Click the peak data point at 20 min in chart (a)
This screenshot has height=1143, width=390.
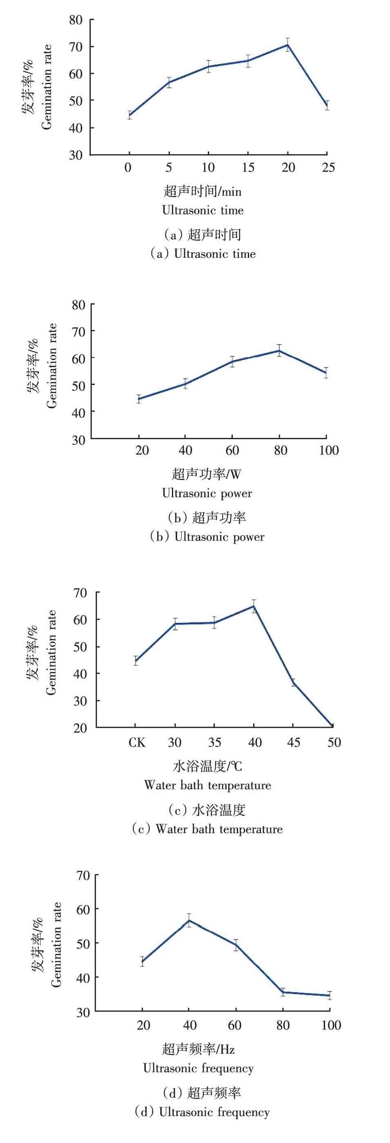click(x=287, y=45)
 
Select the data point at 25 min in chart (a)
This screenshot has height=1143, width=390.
click(x=327, y=106)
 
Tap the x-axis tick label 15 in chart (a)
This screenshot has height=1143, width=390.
click(x=248, y=168)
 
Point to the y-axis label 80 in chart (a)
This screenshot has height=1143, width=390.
click(x=76, y=20)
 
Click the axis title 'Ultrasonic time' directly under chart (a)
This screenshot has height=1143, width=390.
click(x=203, y=210)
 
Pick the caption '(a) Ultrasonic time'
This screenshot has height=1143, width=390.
click(x=203, y=254)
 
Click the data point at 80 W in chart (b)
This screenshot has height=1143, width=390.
click(x=279, y=351)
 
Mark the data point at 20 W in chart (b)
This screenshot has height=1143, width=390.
click(x=139, y=398)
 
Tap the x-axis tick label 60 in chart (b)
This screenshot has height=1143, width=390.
click(x=232, y=450)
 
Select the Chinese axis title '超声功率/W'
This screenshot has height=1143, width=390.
click(x=206, y=474)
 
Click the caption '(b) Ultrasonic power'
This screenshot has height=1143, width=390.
click(x=207, y=537)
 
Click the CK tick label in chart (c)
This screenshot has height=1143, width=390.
click(x=137, y=742)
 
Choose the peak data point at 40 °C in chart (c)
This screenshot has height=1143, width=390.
click(x=254, y=606)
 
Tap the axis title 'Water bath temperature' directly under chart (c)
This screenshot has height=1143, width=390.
click(x=207, y=785)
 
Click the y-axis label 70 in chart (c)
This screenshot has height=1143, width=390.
click(x=80, y=592)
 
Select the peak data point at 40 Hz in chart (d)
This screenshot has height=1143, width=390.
click(x=189, y=920)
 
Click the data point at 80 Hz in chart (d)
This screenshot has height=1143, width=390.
click(x=283, y=992)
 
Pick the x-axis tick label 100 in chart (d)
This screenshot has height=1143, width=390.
click(x=331, y=1025)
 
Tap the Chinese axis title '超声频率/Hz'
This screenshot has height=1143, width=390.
click(x=198, y=1050)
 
